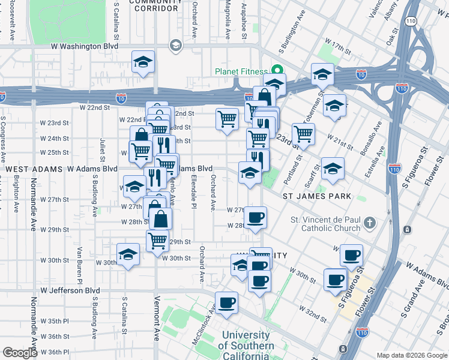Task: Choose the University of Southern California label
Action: click(246, 346)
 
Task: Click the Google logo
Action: click(20, 353)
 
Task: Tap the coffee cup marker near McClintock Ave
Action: click(226, 302)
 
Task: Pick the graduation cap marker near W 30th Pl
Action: click(128, 254)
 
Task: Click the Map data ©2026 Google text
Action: click(411, 355)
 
